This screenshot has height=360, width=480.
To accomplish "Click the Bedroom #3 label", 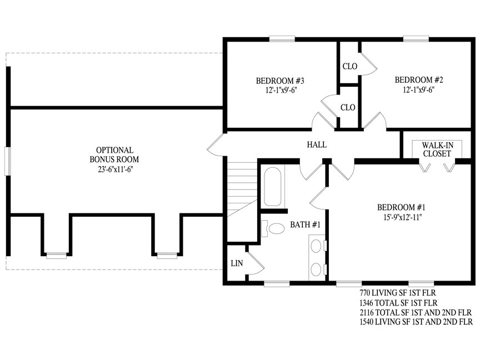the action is (280, 81).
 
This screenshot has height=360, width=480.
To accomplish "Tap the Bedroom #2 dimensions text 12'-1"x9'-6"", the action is (419, 89).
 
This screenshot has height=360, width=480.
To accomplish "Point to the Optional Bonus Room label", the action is (114, 154).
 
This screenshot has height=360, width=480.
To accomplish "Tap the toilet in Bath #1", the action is (273, 229).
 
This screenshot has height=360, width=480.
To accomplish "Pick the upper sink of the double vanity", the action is (316, 246).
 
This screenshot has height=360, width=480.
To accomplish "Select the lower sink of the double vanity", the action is (316, 269).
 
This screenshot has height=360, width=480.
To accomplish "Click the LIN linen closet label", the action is (237, 263).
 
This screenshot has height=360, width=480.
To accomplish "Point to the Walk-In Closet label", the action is (437, 149).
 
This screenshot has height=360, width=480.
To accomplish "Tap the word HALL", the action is (317, 144).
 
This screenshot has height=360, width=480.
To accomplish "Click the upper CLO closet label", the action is (349, 66).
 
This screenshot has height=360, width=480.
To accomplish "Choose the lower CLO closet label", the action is (348, 107).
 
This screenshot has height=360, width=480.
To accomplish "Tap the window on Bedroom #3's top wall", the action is (282, 39).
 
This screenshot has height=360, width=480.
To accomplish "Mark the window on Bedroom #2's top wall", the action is (416, 39).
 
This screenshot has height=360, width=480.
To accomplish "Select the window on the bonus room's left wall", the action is (8, 162).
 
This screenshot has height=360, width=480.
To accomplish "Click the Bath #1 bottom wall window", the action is (277, 284).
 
